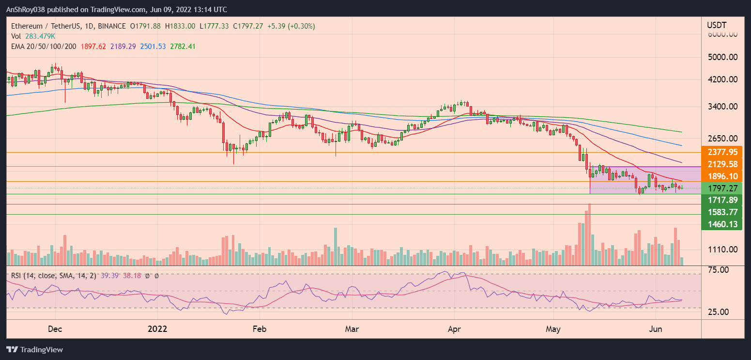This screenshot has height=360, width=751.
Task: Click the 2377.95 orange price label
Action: (x=722, y=152)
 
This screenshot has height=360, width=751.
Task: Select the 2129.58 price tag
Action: (x=722, y=164)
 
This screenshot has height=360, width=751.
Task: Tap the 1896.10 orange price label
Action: (x=722, y=176)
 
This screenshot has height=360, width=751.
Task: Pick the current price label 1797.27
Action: (x=722, y=188)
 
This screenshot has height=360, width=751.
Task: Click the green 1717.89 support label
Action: (x=722, y=200)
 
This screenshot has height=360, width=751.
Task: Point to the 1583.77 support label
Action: (x=722, y=212)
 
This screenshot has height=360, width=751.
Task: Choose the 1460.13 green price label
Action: (x=722, y=224)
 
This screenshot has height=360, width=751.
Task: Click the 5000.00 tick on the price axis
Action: (x=722, y=57)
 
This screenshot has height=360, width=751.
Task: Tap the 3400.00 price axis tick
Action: (x=722, y=107)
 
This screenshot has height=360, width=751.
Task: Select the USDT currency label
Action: (x=715, y=25)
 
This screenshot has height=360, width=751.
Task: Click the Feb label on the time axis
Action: (x=260, y=329)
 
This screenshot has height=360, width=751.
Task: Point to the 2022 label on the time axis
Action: (x=157, y=329)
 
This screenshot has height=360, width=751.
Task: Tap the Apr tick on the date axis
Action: (x=455, y=329)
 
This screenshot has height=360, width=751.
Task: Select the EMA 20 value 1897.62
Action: (x=82, y=46)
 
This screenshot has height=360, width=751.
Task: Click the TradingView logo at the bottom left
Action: (x=34, y=349)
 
